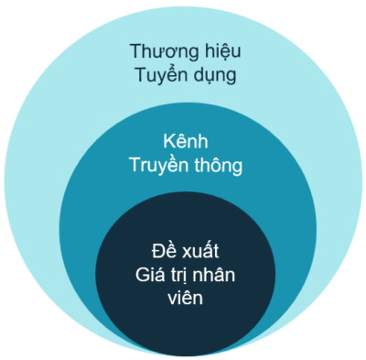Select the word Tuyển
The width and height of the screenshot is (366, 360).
(160, 75)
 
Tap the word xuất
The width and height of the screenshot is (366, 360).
(201, 249)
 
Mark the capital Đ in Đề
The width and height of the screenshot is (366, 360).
(154, 249)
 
